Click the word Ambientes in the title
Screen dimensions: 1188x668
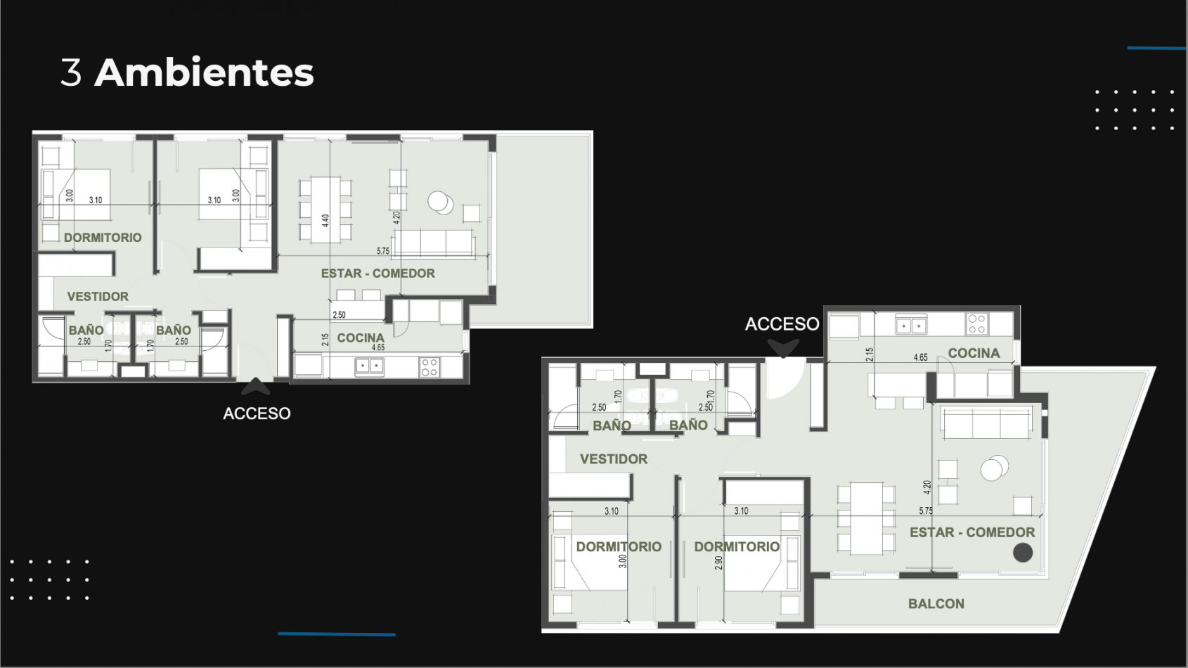204,72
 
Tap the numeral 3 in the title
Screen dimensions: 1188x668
71,72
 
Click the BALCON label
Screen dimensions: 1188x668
936,604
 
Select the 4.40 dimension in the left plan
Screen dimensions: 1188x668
325,221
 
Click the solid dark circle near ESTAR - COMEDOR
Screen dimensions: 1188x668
1023,553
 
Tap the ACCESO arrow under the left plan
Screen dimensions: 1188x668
256,386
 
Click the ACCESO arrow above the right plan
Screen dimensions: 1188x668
783,348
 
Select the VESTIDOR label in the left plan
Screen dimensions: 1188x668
98,297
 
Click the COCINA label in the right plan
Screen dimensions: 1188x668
974,354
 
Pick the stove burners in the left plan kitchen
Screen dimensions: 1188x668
429,366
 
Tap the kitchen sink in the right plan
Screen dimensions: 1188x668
911,325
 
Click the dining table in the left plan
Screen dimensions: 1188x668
325,210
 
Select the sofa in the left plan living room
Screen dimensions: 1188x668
433,243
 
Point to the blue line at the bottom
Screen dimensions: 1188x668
337,634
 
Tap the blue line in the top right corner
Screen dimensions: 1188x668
1156,49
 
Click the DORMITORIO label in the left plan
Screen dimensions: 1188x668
103,238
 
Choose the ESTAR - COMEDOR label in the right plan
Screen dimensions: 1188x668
972,533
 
